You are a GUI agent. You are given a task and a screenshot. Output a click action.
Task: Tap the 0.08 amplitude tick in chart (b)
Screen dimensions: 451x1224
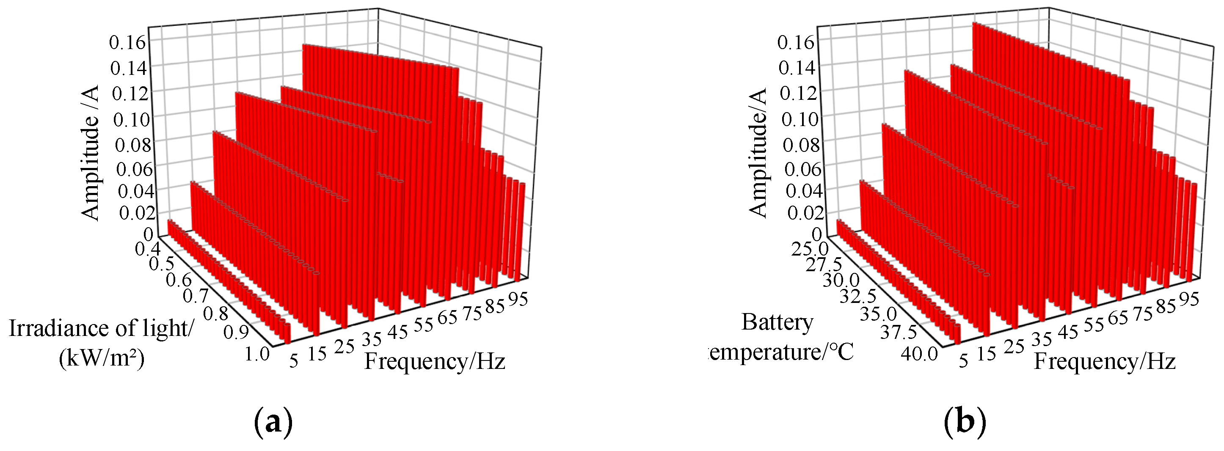point(802,144)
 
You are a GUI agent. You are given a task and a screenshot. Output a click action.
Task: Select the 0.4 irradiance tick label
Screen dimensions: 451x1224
point(147,248)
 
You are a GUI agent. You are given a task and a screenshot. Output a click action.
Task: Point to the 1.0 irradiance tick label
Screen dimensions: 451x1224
point(257,354)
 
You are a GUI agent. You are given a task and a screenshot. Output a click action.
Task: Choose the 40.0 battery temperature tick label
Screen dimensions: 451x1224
point(920,354)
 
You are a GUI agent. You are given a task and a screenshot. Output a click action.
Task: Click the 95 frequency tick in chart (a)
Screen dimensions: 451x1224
point(518,300)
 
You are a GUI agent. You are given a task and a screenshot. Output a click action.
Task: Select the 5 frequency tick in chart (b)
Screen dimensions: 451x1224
point(963,361)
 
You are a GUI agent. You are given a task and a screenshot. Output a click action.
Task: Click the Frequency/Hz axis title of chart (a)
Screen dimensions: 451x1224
point(435,362)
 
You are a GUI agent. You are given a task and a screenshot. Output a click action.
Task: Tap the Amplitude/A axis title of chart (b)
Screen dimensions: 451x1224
point(758,153)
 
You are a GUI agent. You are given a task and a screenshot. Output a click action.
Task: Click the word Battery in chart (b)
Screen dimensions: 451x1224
point(777,323)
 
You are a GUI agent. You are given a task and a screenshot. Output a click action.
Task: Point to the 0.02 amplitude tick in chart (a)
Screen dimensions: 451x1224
point(136,213)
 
